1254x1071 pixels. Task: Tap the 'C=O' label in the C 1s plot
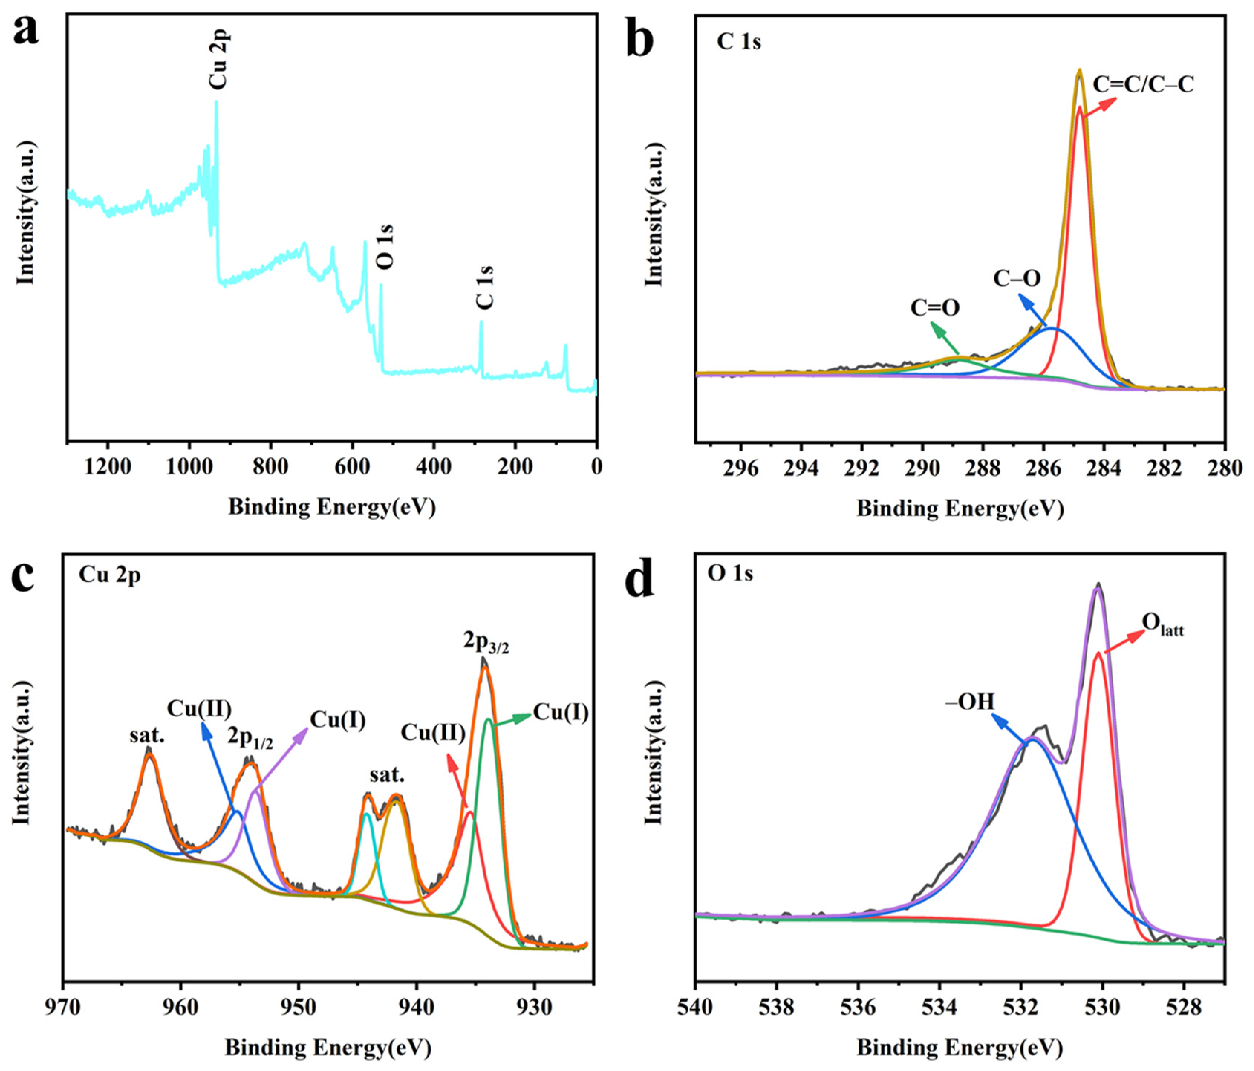pyautogui.click(x=935, y=308)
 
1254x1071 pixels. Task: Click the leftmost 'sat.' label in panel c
pyautogui.click(x=147, y=736)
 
